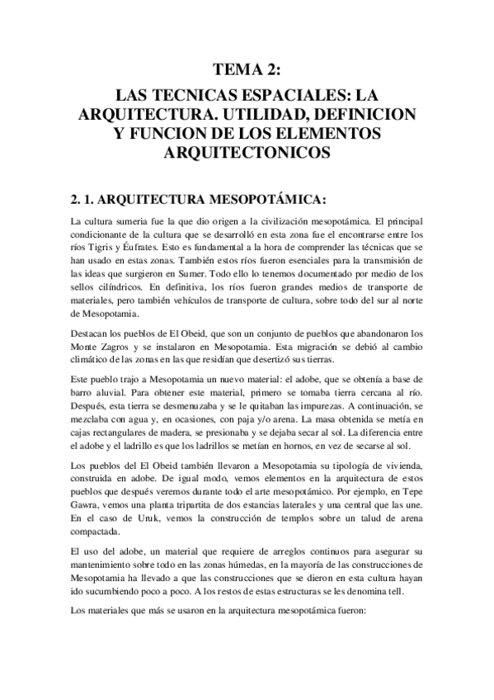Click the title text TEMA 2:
(x=247, y=69)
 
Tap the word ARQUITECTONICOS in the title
(x=247, y=152)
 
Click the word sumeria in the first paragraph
(x=133, y=221)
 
